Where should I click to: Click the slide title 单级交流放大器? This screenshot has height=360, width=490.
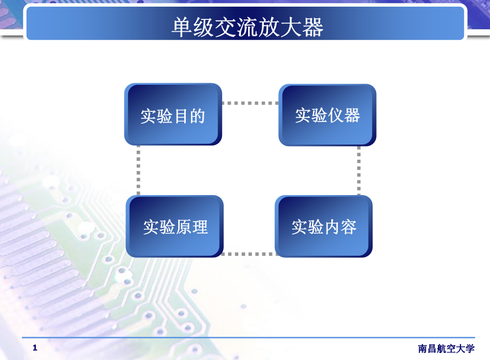point(248,27)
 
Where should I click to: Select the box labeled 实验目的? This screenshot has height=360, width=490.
point(173,114)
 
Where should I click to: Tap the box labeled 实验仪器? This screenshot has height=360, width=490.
point(327,115)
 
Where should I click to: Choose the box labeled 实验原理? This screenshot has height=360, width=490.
point(175,226)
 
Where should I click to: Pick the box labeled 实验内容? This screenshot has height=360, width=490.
point(324,226)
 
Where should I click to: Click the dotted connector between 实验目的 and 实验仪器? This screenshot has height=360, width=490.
point(250,103)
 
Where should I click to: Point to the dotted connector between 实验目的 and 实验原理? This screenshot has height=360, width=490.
point(138,171)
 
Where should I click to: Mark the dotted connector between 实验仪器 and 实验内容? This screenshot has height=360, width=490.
point(359,171)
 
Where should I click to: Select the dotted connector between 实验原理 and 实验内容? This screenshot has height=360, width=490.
point(249,254)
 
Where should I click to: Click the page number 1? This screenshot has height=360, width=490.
point(35,348)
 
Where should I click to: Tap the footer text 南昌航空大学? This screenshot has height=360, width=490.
point(446,348)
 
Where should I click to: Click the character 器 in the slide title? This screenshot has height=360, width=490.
point(313,28)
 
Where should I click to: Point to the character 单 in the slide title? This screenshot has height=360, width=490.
point(182,28)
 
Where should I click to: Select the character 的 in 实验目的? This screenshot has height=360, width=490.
point(198,116)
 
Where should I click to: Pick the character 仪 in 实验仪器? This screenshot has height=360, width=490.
point(336,115)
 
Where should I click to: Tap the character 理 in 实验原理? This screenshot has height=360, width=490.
point(200,227)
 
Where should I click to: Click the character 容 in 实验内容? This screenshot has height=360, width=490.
point(349,227)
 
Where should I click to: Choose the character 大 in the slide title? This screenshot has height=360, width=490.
point(291,28)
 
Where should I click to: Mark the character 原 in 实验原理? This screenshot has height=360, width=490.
point(183,227)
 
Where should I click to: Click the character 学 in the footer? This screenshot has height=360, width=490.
point(470,348)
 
